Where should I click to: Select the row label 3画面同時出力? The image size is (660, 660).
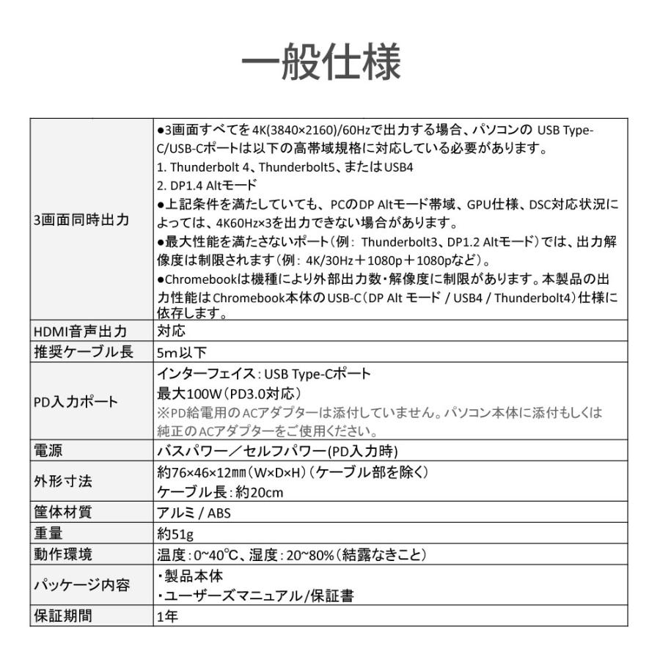click(x=81, y=219)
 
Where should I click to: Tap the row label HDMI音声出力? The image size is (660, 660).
click(x=81, y=331)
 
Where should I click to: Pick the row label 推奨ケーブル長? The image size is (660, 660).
click(x=84, y=352)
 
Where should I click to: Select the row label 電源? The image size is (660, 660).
click(x=49, y=450)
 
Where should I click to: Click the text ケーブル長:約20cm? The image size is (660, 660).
click(x=220, y=492)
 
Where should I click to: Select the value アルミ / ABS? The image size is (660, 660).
click(x=194, y=513)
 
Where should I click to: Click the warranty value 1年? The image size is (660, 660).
click(x=167, y=616)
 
